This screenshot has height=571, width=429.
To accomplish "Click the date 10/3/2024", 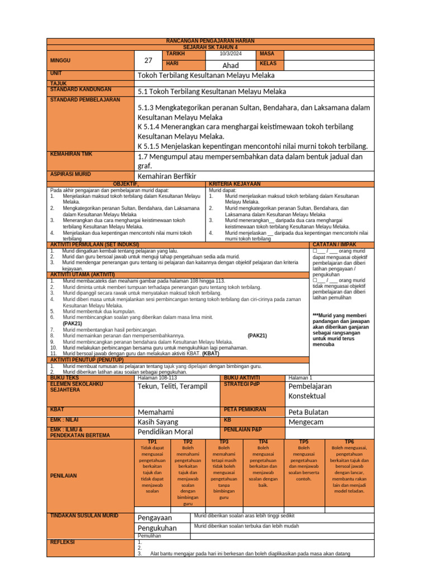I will click(231, 54).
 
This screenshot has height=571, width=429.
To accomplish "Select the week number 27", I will click(148, 60).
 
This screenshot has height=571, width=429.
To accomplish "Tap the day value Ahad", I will click(231, 65).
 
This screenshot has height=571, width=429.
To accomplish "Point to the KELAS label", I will click(269, 64).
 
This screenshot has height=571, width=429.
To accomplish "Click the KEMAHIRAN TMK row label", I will click(72, 153).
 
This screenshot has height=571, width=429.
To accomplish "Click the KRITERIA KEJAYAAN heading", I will click(234, 183).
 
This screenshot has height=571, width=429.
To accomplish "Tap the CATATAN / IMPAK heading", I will click(340, 244).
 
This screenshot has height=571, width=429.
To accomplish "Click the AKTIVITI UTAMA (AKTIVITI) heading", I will click(82, 274).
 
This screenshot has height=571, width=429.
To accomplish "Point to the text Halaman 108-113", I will click(157, 378).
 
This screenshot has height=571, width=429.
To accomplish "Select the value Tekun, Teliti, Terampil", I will click(172, 386).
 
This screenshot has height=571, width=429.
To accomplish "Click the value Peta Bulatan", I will click(308, 412).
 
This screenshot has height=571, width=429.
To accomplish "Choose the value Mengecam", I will click(308, 422).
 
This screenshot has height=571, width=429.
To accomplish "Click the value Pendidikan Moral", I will click(165, 432).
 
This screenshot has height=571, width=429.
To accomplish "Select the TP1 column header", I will click(152, 441).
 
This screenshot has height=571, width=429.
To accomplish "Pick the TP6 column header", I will click(349, 441).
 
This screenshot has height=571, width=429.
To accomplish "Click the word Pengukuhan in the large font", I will click(157, 528).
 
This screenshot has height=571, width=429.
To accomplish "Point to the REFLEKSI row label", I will click(63, 541).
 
